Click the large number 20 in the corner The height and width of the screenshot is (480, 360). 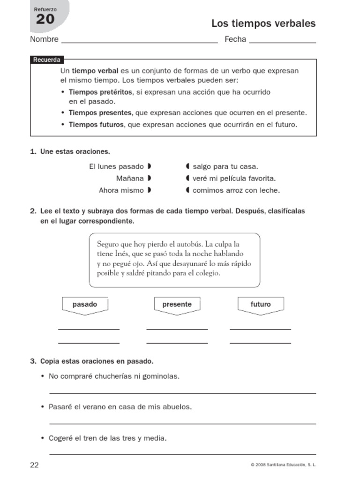pyautogui.click(x=45, y=20)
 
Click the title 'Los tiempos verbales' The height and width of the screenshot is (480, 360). pyautogui.click(x=263, y=23)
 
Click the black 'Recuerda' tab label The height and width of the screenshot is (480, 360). pyautogui.click(x=46, y=60)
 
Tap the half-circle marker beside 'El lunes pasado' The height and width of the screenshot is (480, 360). pyautogui.click(x=149, y=166)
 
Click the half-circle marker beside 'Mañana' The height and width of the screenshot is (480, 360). pyautogui.click(x=149, y=178)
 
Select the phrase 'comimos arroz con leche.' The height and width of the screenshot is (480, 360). pyautogui.click(x=236, y=190)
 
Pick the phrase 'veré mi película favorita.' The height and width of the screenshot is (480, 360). pyautogui.click(x=234, y=179)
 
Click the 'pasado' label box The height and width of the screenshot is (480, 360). pyautogui.click(x=85, y=305)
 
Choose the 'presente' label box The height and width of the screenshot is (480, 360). pyautogui.click(x=177, y=305)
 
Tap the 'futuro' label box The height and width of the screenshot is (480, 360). pyautogui.click(x=261, y=305)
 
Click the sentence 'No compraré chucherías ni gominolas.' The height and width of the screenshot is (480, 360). pyautogui.click(x=114, y=376)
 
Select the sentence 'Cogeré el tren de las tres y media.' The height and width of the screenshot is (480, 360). pyautogui.click(x=107, y=438)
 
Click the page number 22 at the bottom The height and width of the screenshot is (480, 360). pyautogui.click(x=34, y=465)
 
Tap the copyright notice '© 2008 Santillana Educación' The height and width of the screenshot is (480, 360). pyautogui.click(x=284, y=465)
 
